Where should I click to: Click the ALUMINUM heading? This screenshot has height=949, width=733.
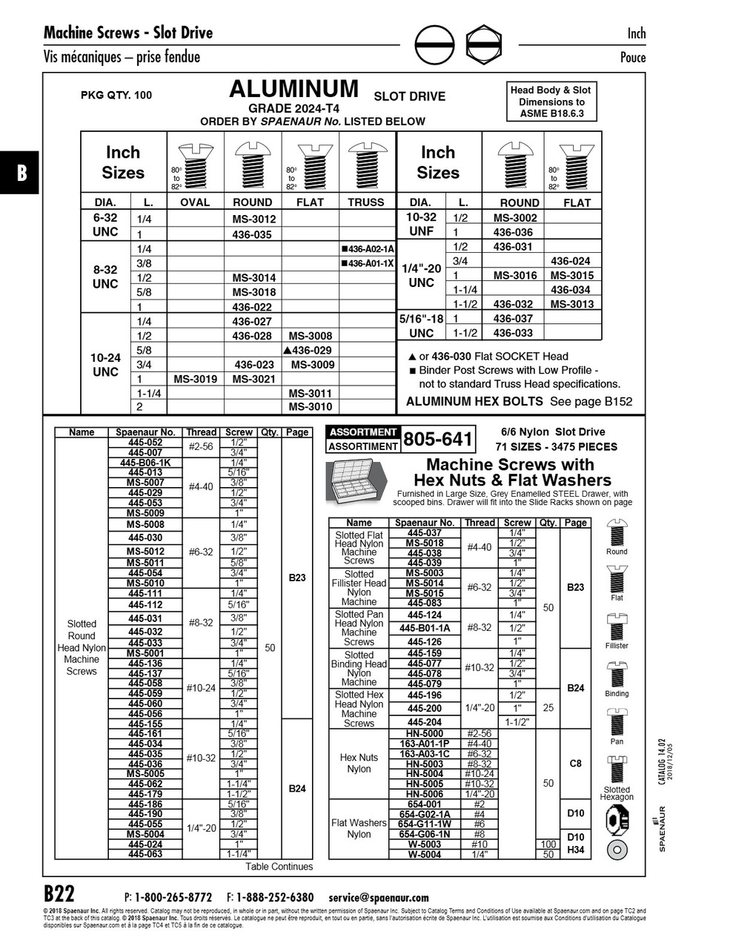pyautogui.click(x=293, y=90)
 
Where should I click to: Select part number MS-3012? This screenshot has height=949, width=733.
pyautogui.click(x=253, y=219)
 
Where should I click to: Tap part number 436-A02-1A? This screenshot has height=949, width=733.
pyautogui.click(x=368, y=249)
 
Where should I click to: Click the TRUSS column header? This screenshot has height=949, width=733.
pyautogui.click(x=366, y=202)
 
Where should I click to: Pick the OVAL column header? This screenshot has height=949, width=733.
pyautogui.click(x=195, y=202)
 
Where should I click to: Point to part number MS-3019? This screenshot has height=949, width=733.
pyautogui.click(x=195, y=379)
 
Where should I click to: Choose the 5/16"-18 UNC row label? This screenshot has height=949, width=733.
pyautogui.click(x=421, y=326)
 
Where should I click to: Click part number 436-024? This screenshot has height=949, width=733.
pyautogui.click(x=570, y=261)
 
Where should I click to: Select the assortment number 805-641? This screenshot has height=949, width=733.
pyautogui.click(x=437, y=440)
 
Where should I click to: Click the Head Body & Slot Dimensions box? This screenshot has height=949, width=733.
pyautogui.click(x=551, y=102)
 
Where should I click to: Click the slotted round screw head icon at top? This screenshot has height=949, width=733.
pyautogui.click(x=434, y=45)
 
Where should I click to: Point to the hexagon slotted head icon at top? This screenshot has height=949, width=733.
pyautogui.click(x=484, y=45)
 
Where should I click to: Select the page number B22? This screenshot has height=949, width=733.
pyautogui.click(x=59, y=893)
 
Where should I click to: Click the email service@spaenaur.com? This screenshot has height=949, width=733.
pyautogui.click(x=378, y=897)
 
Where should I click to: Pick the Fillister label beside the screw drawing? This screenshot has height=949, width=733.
pyautogui.click(x=616, y=646)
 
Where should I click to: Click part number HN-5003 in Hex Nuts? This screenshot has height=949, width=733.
pyautogui.click(x=425, y=764)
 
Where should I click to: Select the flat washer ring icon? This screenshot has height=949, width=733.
pyautogui.click(x=617, y=850)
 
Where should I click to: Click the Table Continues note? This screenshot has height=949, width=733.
pyautogui.click(x=279, y=866)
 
